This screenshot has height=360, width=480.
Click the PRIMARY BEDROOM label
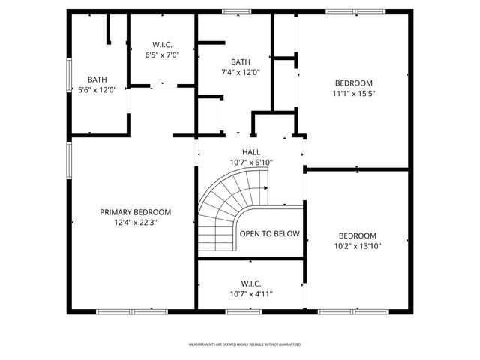click(x=136, y=212)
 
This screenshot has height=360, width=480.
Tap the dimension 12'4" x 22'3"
click(x=136, y=222)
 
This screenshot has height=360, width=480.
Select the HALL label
click(x=251, y=152)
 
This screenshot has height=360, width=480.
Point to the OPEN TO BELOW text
click(x=269, y=234)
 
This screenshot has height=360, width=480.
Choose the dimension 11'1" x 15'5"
click(x=353, y=94)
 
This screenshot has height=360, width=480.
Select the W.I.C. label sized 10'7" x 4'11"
click(x=251, y=283)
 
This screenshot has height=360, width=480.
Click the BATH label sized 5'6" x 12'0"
click(x=97, y=79)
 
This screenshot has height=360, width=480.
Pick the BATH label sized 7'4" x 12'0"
click(x=241, y=62)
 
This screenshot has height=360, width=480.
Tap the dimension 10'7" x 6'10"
click(x=251, y=162)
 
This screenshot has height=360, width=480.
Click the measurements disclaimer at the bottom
click(x=244, y=344)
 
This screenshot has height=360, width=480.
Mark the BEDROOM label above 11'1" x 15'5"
click(x=353, y=83)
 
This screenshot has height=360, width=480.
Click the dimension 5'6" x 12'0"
click(x=97, y=89)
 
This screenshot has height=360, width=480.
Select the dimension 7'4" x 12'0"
click(x=241, y=72)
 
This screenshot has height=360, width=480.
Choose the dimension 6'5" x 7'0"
click(x=163, y=55)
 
